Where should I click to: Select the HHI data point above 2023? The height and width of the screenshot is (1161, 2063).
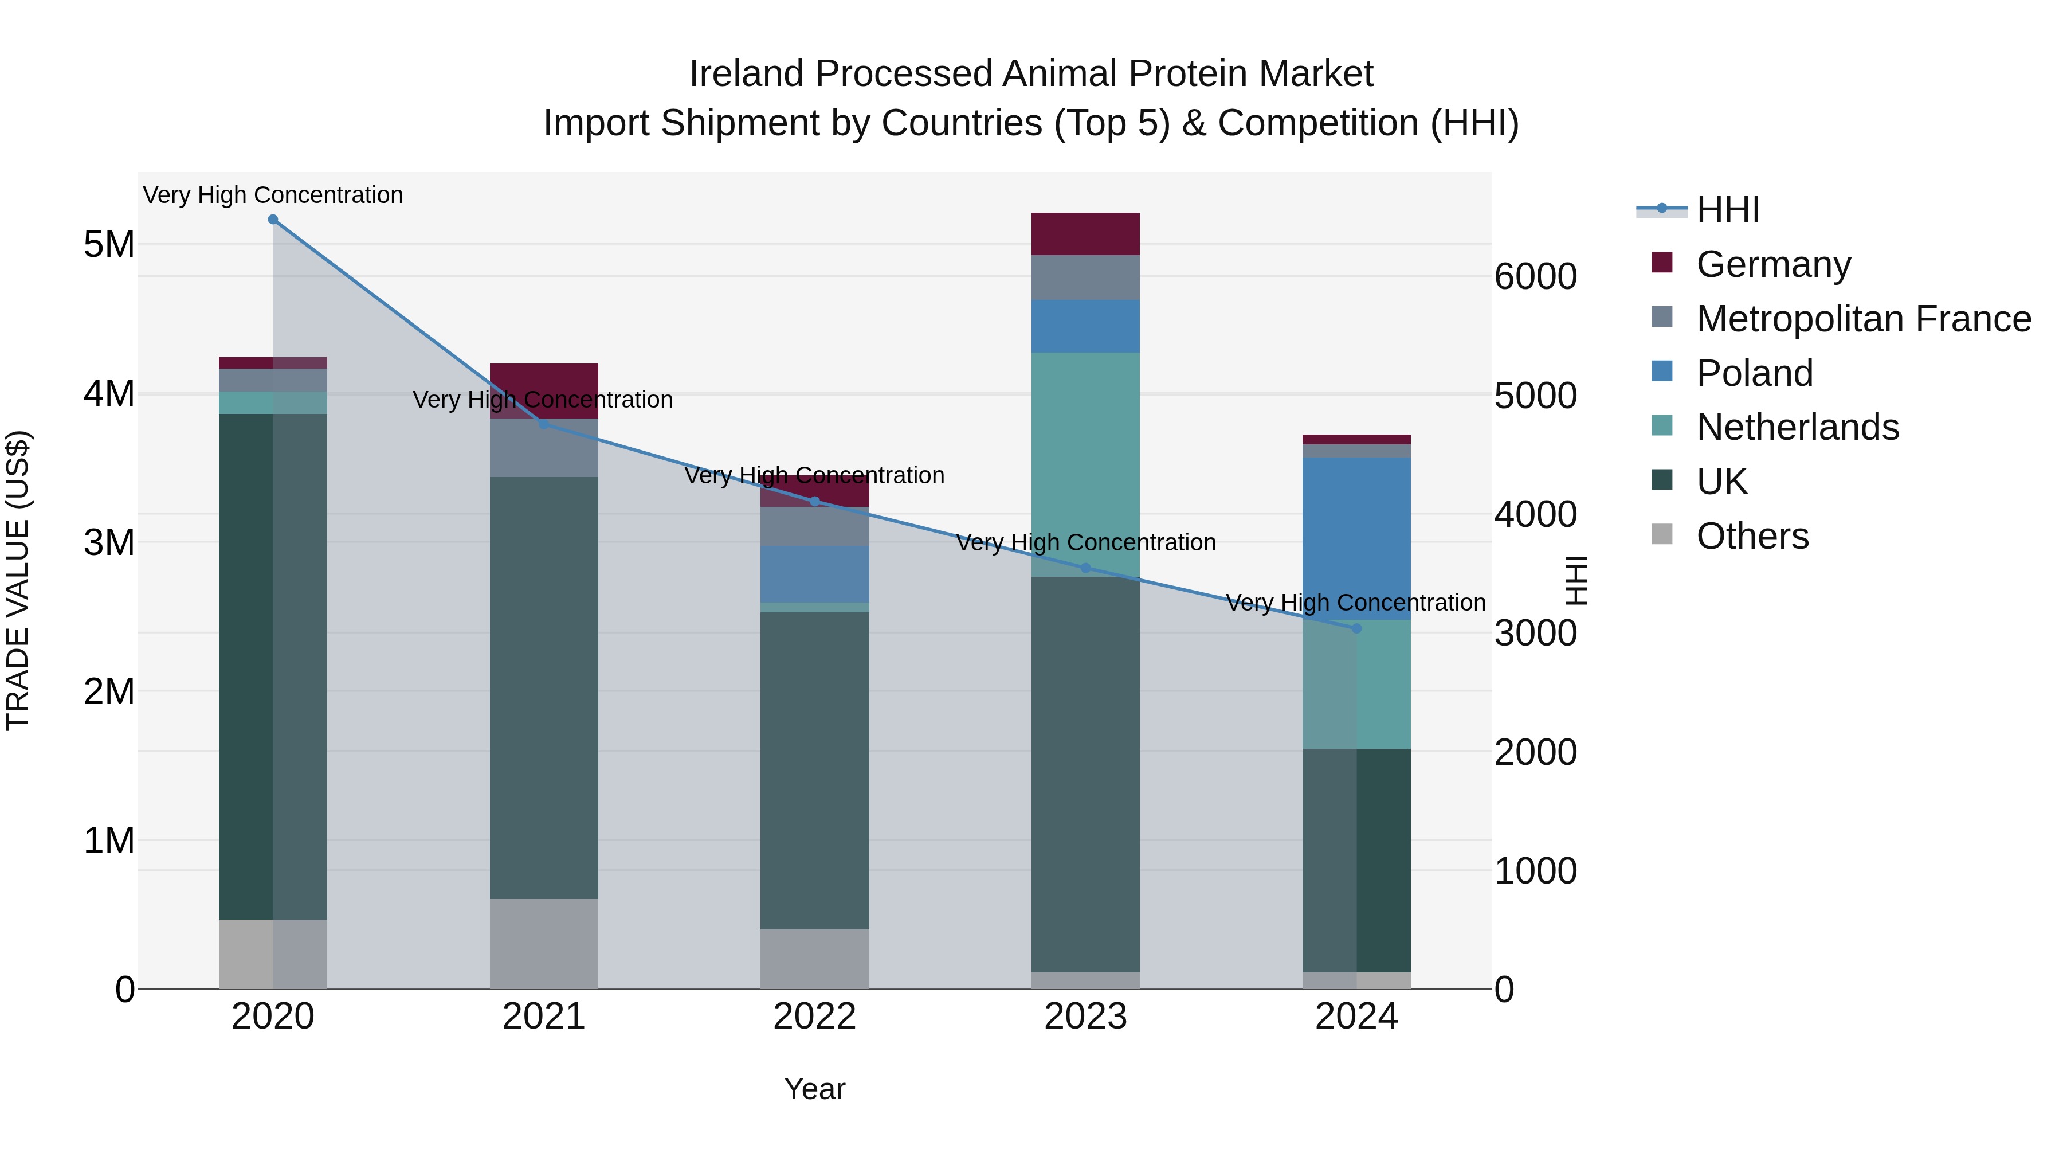point(1086,568)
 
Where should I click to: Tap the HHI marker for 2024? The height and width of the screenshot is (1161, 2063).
point(1356,629)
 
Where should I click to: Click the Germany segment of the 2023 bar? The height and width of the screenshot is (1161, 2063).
point(1085,234)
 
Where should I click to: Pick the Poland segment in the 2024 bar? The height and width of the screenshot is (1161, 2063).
point(1356,538)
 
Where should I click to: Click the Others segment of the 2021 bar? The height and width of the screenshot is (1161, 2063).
point(544,943)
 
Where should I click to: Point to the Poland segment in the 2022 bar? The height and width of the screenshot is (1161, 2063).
point(814,574)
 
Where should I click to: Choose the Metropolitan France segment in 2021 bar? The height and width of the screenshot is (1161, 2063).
point(544,448)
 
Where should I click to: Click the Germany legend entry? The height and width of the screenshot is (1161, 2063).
point(1772,264)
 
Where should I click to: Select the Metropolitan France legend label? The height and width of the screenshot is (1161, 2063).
point(1864,319)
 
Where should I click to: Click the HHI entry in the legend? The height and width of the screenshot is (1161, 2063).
point(1727,210)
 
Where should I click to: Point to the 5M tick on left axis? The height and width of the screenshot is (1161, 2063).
point(109,244)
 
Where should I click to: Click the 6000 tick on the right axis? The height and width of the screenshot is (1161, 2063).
point(1535,277)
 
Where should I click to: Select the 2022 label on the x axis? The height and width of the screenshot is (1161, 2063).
point(814,1017)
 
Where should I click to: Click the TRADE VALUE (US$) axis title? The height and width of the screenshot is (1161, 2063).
point(18,580)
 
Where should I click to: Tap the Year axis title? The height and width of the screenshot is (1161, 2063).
point(814,1089)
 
